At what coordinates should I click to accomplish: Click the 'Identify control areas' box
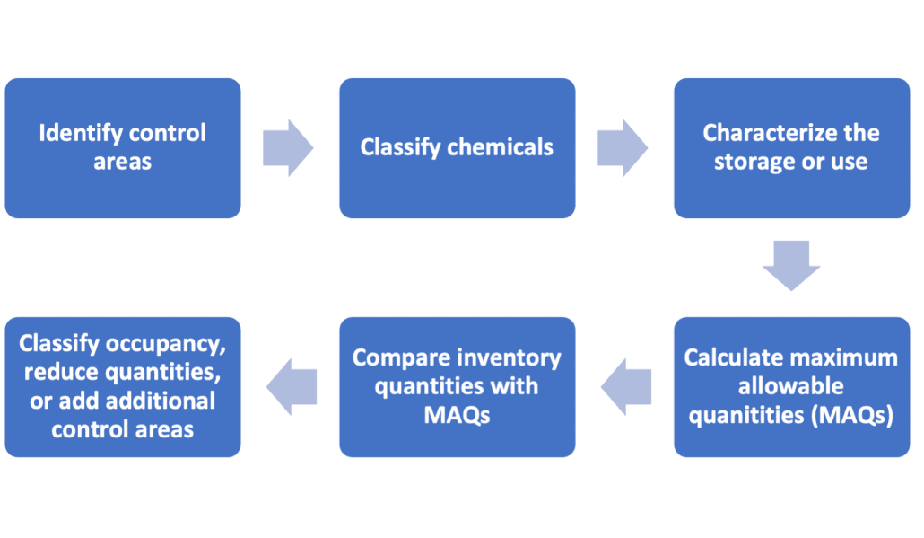pyautogui.click(x=122, y=148)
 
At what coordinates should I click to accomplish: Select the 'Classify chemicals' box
pyautogui.click(x=457, y=148)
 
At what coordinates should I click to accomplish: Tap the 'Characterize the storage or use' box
pyautogui.click(x=790, y=148)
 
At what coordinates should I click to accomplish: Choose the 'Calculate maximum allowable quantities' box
pyautogui.click(x=790, y=387)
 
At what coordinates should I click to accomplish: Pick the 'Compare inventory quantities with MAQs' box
pyautogui.click(x=457, y=387)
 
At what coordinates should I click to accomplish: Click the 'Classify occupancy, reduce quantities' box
pyautogui.click(x=122, y=387)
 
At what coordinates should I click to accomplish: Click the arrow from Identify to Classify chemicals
pyautogui.click(x=288, y=146)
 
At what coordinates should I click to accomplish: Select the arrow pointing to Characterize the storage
pyautogui.click(x=623, y=146)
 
